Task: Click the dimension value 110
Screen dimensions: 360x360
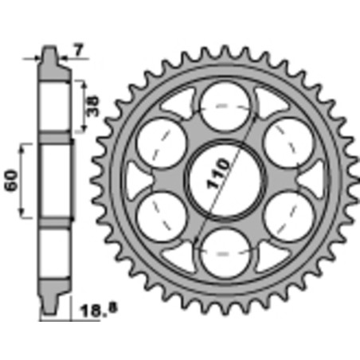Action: pyautogui.click(x=217, y=174)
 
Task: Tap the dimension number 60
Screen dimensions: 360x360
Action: pyautogui.click(x=12, y=181)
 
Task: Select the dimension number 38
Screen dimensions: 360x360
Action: pyautogui.click(x=93, y=107)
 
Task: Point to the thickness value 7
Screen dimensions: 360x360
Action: pyautogui.click(x=79, y=50)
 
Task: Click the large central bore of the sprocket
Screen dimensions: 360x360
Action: pyautogui.click(x=225, y=181)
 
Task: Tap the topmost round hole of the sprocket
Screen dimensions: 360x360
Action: pyautogui.click(x=225, y=107)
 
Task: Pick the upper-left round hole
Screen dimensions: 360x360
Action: pyautogui.click(x=161, y=143)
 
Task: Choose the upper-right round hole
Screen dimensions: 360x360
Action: pyautogui.click(x=289, y=143)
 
